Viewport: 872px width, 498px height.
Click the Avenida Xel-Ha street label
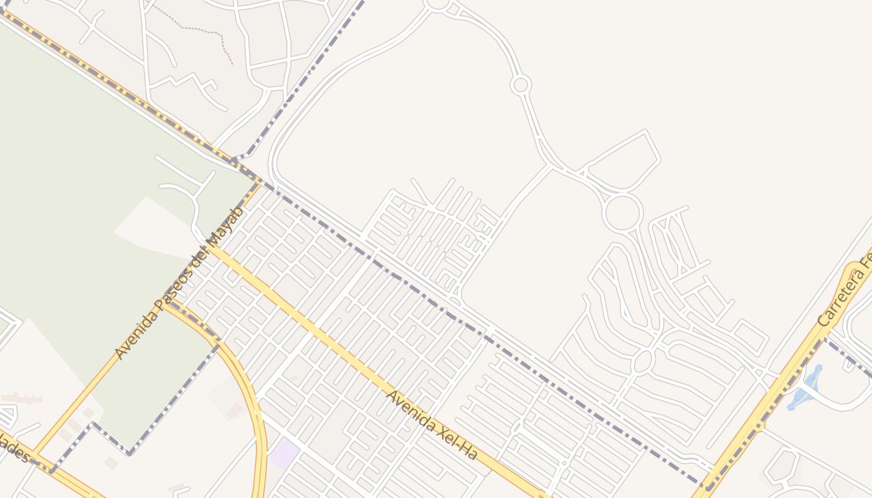431,425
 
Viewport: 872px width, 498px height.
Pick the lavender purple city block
283,454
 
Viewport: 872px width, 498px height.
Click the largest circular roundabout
622,213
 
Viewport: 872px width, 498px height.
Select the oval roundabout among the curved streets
643,360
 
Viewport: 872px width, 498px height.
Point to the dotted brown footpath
199,30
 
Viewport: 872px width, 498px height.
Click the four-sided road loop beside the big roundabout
623,159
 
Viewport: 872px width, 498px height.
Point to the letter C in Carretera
824,322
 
